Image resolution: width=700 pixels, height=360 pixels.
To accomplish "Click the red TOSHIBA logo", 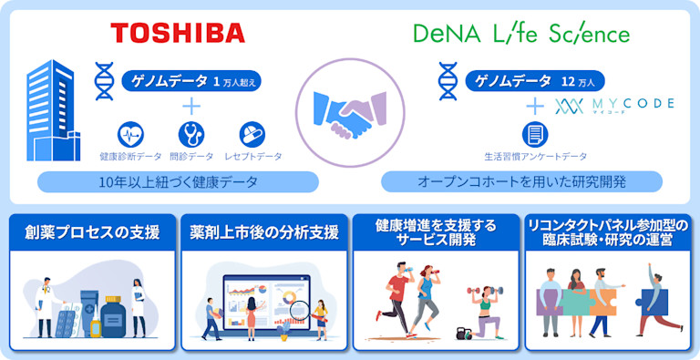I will coord(178,34).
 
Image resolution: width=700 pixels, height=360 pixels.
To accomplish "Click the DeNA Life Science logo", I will coord(521,35).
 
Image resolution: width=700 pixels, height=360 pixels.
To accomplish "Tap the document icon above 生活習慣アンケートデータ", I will coord(535,134).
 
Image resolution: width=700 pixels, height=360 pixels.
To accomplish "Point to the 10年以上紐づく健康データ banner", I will coord(178,182).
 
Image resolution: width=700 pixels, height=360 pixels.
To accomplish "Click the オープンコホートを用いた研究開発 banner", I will coord(521,182).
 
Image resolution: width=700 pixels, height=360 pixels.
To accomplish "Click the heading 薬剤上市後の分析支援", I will coord(264,232).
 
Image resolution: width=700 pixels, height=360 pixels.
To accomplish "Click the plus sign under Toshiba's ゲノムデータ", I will coord(191,106).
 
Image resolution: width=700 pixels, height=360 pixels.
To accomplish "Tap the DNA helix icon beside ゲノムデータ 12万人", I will coord(448,80).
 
